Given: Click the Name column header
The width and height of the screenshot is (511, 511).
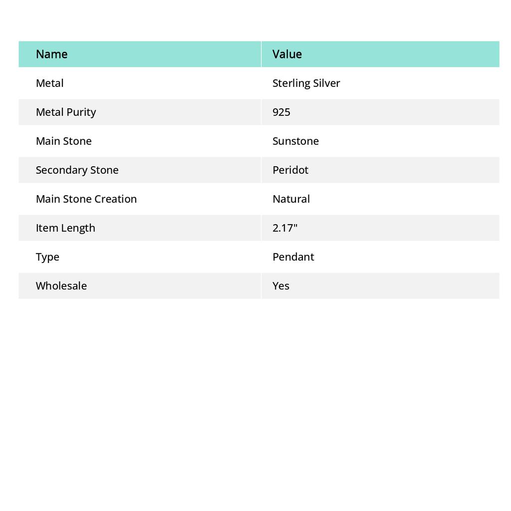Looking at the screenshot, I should tap(51, 54).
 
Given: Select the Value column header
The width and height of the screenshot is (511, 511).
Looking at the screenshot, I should tap(287, 54).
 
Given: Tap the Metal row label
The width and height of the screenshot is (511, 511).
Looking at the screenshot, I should tap(49, 83).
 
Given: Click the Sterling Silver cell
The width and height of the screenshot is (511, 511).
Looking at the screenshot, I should tap(306, 83).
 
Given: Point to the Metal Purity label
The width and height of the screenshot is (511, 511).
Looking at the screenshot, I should tap(66, 112).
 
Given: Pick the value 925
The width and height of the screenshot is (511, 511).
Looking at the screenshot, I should tap(281, 112).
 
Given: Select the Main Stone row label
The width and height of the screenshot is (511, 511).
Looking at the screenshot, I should tap(63, 141).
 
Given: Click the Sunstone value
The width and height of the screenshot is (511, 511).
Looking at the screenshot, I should tap(295, 141).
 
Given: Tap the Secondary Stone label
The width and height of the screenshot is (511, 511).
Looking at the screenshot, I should tap(77, 170).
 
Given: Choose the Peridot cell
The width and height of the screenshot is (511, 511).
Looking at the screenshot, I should tap(290, 170).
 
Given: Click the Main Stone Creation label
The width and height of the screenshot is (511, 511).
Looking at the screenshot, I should tap(86, 199).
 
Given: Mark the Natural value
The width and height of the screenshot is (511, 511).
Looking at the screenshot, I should tap(291, 199).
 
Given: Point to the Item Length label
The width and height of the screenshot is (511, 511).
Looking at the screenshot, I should tap(65, 228).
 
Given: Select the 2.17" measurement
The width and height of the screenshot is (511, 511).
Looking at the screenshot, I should tap(285, 228).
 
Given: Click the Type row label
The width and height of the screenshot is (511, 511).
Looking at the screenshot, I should tap(47, 256).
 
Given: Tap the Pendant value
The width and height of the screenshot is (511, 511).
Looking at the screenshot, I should tap(293, 256).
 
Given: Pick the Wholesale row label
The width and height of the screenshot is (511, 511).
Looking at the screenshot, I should tap(61, 285).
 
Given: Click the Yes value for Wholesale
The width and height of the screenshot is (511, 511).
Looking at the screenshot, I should tap(281, 285).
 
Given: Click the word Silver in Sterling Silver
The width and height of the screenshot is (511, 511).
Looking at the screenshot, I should tap(326, 83).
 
